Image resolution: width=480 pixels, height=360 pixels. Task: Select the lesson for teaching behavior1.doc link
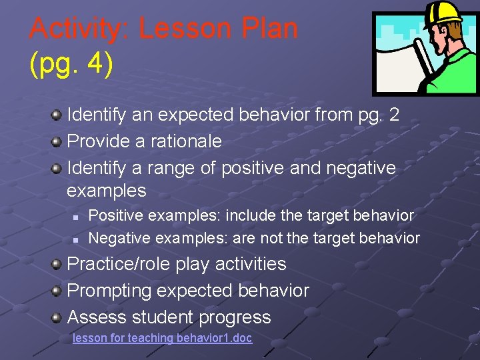tap(162, 338)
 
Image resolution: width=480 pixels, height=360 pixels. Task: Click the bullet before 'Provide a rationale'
tap(57, 141)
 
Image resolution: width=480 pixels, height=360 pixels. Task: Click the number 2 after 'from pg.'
tap(394, 115)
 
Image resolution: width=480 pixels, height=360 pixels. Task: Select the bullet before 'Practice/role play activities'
tap(57, 264)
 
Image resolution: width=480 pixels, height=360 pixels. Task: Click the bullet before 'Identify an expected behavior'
tap(57, 115)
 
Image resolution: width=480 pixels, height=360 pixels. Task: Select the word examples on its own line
tap(107, 191)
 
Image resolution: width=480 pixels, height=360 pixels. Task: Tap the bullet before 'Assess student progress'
tap(57, 317)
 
